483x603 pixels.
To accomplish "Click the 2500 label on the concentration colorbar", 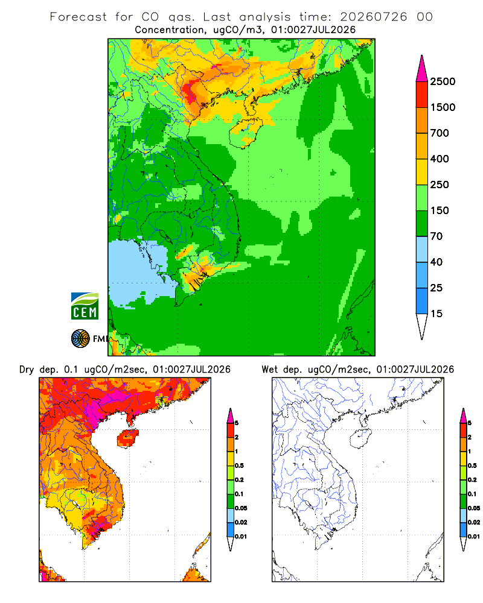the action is click(x=443, y=81).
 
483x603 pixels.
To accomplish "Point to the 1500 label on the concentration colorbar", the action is click(x=443, y=107).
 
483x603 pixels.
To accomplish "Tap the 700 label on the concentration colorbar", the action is click(x=440, y=133).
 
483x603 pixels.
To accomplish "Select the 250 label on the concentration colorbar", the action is click(x=440, y=185).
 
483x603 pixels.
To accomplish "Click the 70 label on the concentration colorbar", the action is click(x=437, y=236).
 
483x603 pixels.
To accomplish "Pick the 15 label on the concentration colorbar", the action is click(x=437, y=314).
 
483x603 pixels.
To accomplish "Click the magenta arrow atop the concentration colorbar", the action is click(x=422, y=69).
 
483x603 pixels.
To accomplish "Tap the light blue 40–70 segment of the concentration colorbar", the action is click(x=422, y=249).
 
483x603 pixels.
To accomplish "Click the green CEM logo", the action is click(x=85, y=306).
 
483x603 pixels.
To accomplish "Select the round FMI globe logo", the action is click(x=80, y=339).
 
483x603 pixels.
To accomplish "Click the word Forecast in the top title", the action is click(x=78, y=17).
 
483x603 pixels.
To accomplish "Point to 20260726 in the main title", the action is click(x=373, y=17).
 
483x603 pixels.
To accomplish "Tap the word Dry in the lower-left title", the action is click(x=27, y=370).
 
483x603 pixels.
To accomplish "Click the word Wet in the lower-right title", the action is click(x=270, y=370).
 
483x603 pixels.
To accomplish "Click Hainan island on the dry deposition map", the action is click(x=127, y=438).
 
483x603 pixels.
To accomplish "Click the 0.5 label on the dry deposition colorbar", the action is click(x=239, y=466).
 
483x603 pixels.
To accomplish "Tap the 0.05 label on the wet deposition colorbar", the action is click(x=474, y=508).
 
